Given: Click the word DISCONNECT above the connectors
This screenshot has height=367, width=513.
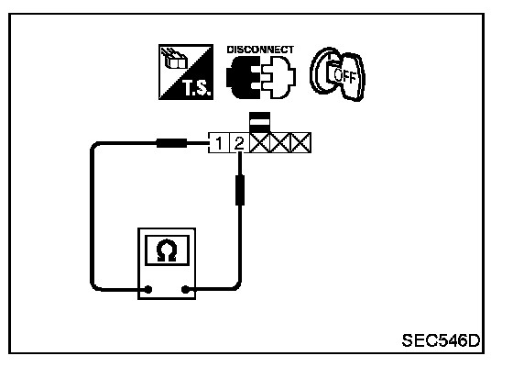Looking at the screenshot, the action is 260,50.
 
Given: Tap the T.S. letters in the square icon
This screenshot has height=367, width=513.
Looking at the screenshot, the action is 196,88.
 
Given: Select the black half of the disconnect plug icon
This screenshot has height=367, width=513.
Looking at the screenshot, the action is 243,77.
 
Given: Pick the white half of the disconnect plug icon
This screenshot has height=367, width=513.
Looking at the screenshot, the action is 278,77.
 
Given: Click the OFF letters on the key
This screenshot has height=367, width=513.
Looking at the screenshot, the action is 344,76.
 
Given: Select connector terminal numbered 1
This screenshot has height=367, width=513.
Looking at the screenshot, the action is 219,143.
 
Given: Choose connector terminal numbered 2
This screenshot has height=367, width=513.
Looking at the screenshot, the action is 239,143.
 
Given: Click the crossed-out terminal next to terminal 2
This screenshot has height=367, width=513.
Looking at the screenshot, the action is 260,143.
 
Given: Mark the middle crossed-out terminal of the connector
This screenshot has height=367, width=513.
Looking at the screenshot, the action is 280,143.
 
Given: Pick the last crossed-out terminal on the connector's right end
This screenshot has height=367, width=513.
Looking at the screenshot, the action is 300,143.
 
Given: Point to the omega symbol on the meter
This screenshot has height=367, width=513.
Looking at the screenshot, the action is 167,250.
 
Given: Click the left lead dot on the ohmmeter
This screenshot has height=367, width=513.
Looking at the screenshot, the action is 148,289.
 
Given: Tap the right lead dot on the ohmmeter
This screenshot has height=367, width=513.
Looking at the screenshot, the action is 185,289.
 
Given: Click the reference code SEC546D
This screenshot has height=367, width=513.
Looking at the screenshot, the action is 441,340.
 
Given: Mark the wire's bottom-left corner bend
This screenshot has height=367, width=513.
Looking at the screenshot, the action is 94,286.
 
